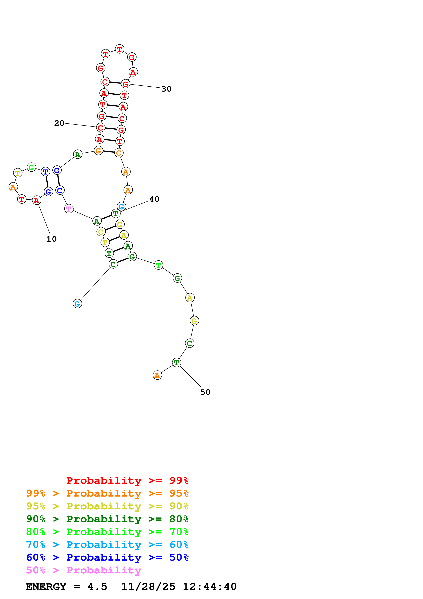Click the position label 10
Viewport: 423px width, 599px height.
click(51, 239)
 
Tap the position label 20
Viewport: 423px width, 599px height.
click(59, 123)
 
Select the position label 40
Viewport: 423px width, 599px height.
click(154, 199)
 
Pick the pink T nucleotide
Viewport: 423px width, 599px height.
click(69, 209)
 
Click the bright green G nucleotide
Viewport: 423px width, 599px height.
click(31, 167)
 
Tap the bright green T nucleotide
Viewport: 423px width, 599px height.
click(158, 265)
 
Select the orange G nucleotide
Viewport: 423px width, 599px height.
click(98, 151)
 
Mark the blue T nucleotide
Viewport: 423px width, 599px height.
click(45, 172)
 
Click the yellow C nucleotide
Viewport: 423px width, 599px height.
click(101, 232)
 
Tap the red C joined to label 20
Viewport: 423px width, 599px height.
click(101, 128)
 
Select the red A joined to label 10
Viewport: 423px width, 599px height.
click(37, 200)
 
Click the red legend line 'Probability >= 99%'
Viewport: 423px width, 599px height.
click(127, 480)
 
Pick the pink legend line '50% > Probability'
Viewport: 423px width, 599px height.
click(84, 570)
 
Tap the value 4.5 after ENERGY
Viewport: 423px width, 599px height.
click(97, 587)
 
